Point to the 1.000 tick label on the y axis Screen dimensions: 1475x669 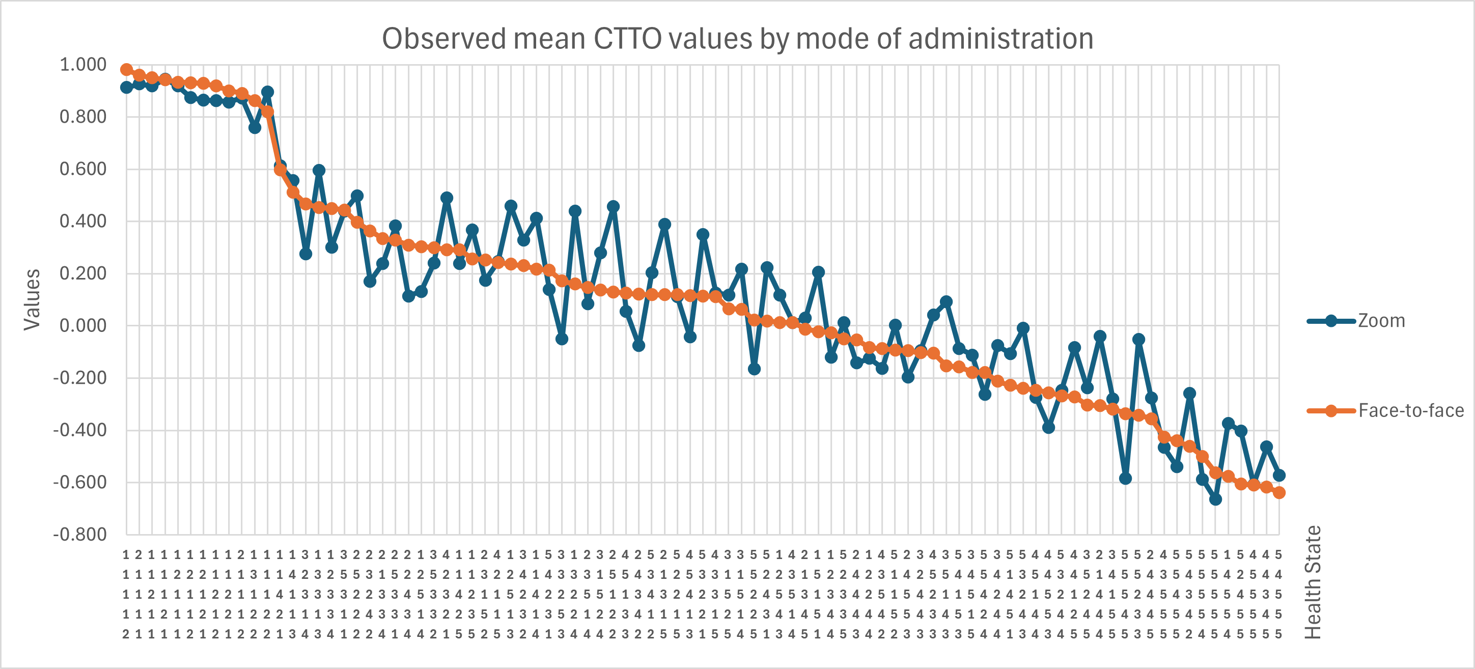point(83,65)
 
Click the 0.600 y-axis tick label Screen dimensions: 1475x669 point(83,169)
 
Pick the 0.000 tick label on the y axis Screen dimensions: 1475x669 point(83,326)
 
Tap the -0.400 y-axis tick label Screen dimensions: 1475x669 point(79,430)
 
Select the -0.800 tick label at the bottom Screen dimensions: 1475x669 point(79,535)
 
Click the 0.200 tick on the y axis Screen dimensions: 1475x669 point(83,274)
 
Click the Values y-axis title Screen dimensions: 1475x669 point(32,299)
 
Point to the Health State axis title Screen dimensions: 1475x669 point(1314,582)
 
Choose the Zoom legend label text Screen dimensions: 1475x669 point(1382,321)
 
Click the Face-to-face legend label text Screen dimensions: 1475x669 point(1411,411)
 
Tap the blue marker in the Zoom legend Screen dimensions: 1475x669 point(1331,321)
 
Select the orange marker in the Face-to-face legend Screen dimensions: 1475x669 point(1331,411)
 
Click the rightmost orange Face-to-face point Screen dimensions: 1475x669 point(1279,493)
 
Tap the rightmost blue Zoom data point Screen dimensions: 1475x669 point(1279,476)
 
